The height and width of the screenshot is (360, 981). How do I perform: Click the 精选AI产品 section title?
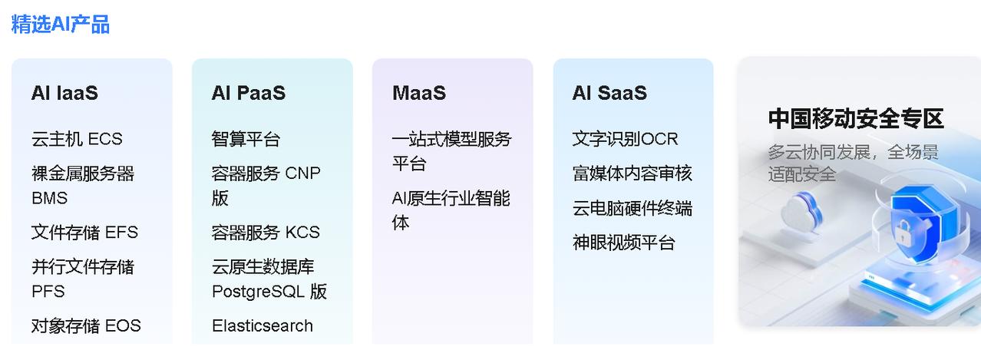coord(60,24)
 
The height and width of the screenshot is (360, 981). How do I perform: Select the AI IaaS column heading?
coord(64,93)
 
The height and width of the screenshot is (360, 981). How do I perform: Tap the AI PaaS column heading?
coord(248,93)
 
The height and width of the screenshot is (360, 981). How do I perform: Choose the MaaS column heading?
coord(418,93)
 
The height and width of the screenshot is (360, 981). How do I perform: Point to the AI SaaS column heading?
coord(609,93)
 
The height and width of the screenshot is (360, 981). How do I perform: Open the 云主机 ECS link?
coord(77,139)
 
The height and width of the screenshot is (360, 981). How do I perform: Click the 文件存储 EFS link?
coord(84,232)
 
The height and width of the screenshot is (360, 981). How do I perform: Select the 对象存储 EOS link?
coord(86,325)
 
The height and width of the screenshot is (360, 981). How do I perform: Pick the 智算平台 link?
coord(246,139)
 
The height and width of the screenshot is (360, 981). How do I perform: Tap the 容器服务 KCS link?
coord(266,232)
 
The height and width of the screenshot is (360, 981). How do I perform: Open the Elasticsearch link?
coord(262,325)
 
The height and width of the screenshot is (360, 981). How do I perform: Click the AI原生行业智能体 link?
coord(451,210)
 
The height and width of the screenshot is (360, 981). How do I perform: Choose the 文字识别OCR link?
coord(625,139)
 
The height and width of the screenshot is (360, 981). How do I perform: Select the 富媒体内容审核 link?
coord(632,173)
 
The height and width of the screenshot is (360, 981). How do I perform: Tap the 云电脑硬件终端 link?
coord(632,208)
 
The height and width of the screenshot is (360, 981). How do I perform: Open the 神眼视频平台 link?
coord(623,243)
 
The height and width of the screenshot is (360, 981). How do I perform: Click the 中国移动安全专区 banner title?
coord(856,119)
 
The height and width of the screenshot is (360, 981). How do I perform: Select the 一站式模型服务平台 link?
coord(451,151)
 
